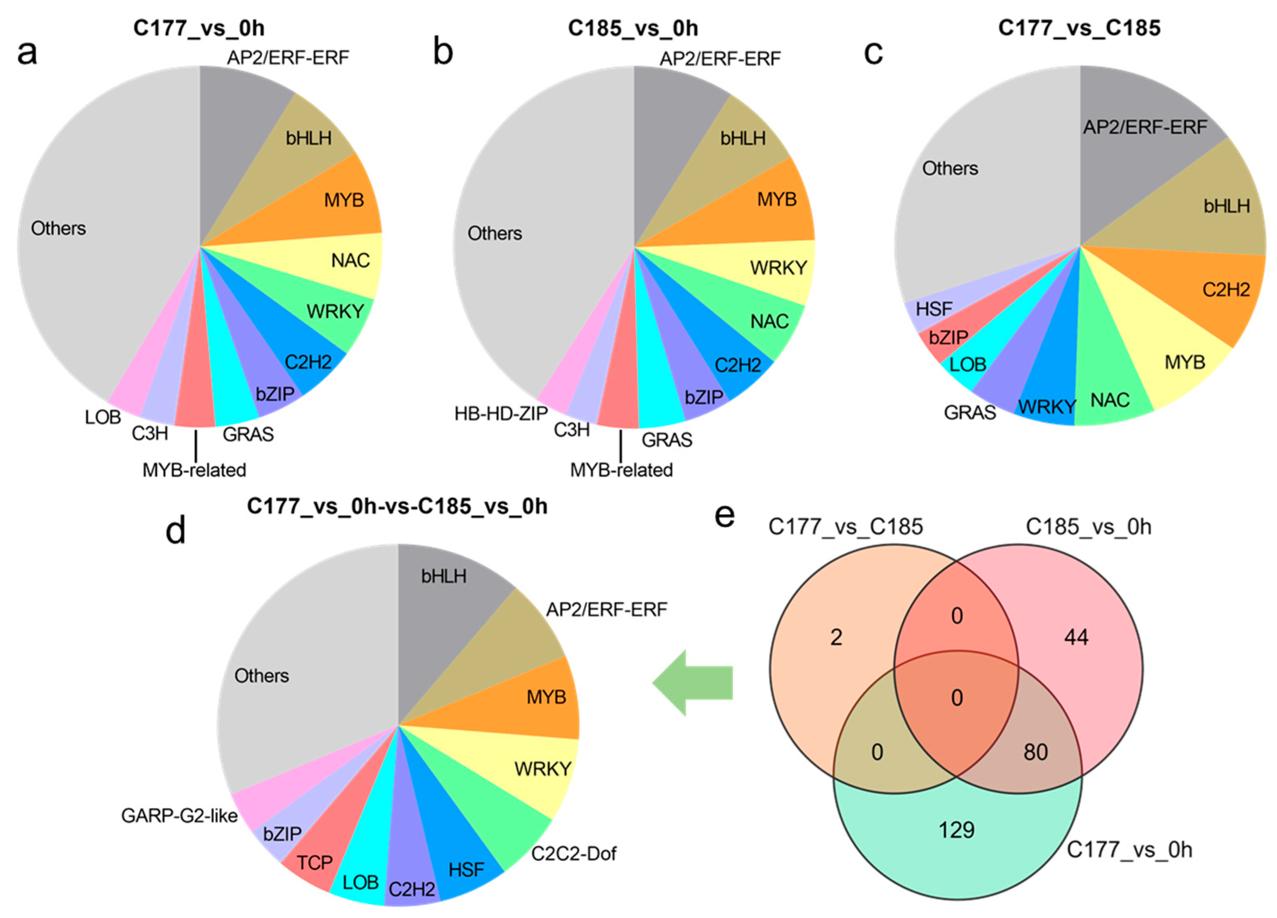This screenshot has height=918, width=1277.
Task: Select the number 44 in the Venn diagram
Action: (1076, 637)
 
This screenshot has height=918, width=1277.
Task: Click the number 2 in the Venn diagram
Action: (836, 637)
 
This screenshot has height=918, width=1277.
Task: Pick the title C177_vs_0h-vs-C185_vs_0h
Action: (397, 506)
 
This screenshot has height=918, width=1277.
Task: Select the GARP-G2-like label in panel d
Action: (179, 815)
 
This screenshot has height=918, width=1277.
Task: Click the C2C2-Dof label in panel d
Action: (573, 854)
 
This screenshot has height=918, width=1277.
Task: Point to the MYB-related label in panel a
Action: (194, 470)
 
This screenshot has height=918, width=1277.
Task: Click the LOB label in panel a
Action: (103, 417)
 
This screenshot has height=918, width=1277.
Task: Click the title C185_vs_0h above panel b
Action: (633, 28)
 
